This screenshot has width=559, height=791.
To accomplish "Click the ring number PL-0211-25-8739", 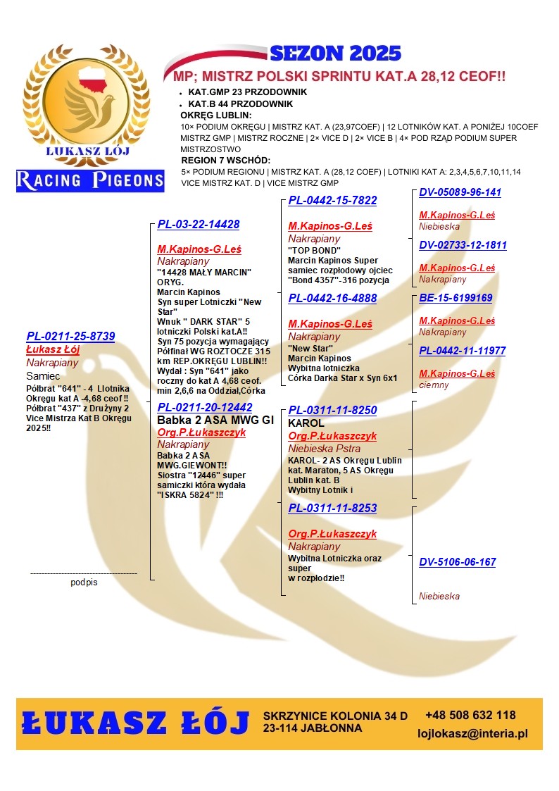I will pyautogui.click(x=70, y=337).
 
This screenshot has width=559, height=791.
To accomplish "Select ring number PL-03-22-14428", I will pyautogui.click(x=199, y=225).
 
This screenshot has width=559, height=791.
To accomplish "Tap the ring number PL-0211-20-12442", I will pyautogui.click(x=205, y=407).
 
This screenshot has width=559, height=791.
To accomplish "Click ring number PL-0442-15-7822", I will pyautogui.click(x=332, y=201).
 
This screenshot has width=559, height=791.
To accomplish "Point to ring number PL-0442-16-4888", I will pyautogui.click(x=332, y=299).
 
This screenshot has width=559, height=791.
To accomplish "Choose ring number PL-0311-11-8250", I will pyautogui.click(x=332, y=410).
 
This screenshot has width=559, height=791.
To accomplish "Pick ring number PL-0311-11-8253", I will pyautogui.click(x=332, y=508).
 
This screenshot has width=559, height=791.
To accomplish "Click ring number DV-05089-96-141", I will pyautogui.click(x=460, y=192).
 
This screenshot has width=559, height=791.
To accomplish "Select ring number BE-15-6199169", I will pyautogui.click(x=456, y=298).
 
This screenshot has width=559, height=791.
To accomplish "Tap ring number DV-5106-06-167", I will pyautogui.click(x=457, y=562).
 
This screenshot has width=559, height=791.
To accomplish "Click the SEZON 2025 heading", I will pyautogui.click(x=335, y=53).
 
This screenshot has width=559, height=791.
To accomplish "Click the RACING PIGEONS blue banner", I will pyautogui.click(x=90, y=180).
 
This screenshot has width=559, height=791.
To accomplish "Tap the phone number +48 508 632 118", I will pyautogui.click(x=470, y=716).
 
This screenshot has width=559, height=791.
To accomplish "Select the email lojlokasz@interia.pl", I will pyautogui.click(x=472, y=734).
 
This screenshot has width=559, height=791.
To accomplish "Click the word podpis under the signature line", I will pyautogui.click(x=84, y=583).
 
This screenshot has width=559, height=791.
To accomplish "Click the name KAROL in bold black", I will pyautogui.click(x=306, y=423).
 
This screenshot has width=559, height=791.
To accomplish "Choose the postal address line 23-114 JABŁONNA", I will pyautogui.click(x=313, y=728).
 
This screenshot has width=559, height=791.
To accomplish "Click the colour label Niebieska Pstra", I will pyautogui.click(x=324, y=449).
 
